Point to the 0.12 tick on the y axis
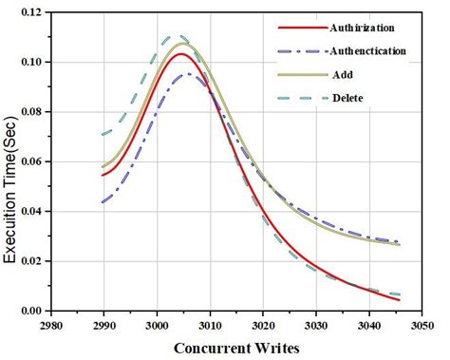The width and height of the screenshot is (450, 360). pos(31,12)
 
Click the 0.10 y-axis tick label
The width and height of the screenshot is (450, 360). pos(31,62)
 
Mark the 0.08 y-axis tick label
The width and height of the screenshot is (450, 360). pos(31,111)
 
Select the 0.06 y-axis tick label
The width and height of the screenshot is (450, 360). pos(31,161)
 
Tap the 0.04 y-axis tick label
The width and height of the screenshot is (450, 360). pos(31,211)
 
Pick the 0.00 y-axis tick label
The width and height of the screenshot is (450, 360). pos(31,311)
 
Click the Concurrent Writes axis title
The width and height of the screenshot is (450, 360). pos(238,348)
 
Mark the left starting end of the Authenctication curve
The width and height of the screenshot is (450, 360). pos(103,201)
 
